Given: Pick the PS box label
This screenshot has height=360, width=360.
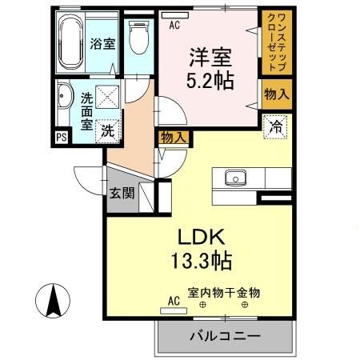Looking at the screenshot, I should [x=61, y=137].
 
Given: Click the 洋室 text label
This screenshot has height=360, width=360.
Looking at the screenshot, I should [x=210, y=58].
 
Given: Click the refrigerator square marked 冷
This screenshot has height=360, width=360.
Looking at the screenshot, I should [x=274, y=126].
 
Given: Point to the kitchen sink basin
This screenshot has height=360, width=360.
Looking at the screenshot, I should [x=235, y=177].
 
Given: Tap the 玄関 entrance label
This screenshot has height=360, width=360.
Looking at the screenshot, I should [x=122, y=193].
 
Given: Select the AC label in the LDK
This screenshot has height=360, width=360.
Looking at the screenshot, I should [x=173, y=302].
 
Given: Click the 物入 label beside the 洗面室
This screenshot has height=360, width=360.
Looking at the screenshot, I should [x=174, y=138].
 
